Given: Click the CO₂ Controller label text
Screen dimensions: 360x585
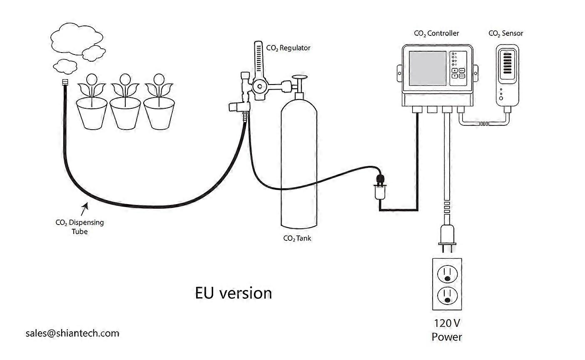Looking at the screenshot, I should click(436, 33).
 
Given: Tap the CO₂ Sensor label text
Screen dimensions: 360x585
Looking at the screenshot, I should click(505, 33).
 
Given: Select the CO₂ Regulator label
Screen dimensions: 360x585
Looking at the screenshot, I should click(288, 48).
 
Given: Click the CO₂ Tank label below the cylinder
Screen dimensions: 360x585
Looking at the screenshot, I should click(297, 238).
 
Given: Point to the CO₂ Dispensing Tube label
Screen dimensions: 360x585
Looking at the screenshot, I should click(80, 227).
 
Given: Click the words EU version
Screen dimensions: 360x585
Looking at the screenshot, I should click(233, 293).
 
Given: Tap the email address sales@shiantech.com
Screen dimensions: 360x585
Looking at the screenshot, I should click(72, 333).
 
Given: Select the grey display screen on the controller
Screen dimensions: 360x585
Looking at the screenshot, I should click(428, 68).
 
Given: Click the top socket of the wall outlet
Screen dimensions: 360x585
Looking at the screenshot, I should click(447, 274).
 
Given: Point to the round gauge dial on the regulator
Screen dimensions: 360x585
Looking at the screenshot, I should click(260, 87).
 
